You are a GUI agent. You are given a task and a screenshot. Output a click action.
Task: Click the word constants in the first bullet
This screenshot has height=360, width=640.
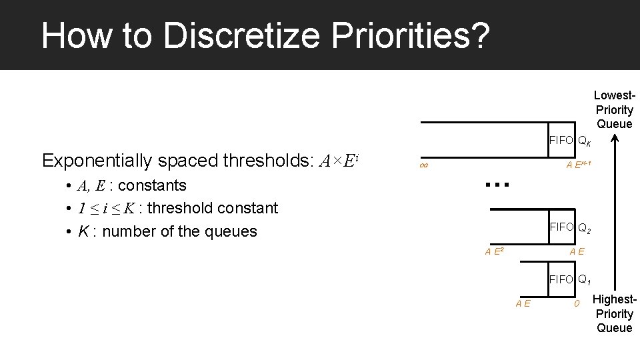(x=152, y=185)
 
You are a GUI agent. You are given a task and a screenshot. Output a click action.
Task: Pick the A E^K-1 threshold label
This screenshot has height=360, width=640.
(x=578, y=165)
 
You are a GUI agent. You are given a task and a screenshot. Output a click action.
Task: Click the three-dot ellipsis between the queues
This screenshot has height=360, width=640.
(x=497, y=184)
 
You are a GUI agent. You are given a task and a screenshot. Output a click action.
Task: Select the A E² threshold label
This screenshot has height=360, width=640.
(x=494, y=251)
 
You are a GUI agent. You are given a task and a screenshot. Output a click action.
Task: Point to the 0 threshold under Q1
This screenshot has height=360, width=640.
(x=578, y=304)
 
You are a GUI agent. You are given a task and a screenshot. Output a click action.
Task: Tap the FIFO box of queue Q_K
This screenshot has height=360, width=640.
(x=561, y=140)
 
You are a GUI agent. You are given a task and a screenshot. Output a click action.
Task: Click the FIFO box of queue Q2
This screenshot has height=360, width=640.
(x=561, y=227)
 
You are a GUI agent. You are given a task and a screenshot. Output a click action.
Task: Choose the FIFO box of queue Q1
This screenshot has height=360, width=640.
(x=561, y=279)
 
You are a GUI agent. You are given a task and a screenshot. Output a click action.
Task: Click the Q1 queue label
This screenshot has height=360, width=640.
(x=585, y=280)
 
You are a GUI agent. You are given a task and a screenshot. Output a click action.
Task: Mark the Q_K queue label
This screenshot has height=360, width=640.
(x=585, y=141)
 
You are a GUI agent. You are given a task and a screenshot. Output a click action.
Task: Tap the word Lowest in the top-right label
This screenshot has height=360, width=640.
(x=613, y=96)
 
